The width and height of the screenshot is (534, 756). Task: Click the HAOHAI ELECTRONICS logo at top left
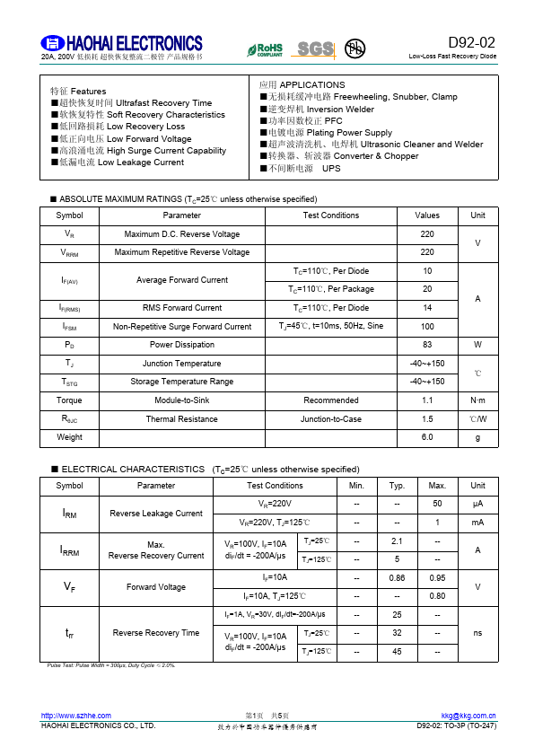(x=122, y=44)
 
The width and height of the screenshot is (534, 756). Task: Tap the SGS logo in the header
(x=315, y=48)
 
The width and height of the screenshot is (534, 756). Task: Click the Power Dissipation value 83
(x=427, y=345)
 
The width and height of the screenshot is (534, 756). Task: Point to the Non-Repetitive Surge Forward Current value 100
(x=427, y=327)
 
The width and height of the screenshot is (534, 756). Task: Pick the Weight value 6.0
(x=427, y=437)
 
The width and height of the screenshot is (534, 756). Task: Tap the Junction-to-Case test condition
(x=331, y=419)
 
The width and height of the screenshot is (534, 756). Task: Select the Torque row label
(x=69, y=400)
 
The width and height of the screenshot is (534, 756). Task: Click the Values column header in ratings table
(x=427, y=215)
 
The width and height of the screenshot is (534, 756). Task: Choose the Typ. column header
(x=397, y=486)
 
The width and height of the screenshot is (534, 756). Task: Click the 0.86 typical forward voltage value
(x=397, y=578)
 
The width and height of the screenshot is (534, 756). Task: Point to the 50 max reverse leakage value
(x=437, y=505)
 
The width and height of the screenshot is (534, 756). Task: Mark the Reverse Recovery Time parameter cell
(x=156, y=633)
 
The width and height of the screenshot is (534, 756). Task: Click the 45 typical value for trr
(x=397, y=652)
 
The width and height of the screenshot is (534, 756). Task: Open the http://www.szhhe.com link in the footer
(x=76, y=716)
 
